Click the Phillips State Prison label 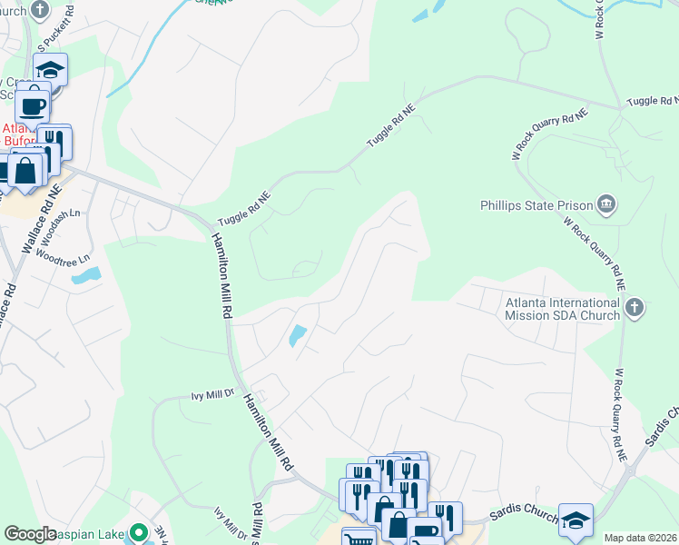pyautogui.click(x=536, y=205)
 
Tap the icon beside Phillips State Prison pyautogui.click(x=607, y=205)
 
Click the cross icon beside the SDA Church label pyautogui.click(x=635, y=308)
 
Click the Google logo pyautogui.click(x=30, y=534)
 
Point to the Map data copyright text pyautogui.click(x=640, y=538)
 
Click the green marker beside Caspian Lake pyautogui.click(x=138, y=531)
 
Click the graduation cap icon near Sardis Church pyautogui.click(x=576, y=519)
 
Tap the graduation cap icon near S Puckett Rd pyautogui.click(x=51, y=69)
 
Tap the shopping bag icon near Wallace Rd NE pyautogui.click(x=26, y=170)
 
